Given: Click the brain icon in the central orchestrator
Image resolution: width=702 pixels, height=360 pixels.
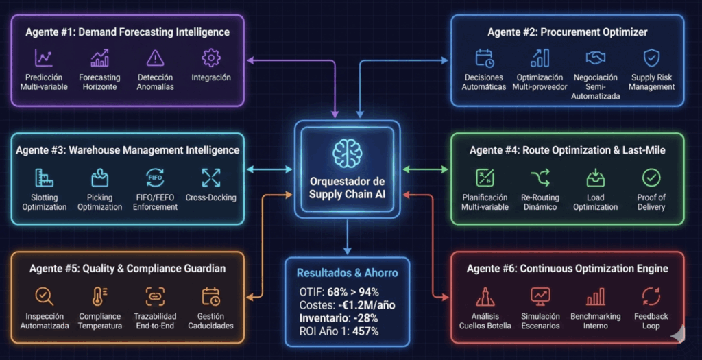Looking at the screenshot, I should click(347, 152).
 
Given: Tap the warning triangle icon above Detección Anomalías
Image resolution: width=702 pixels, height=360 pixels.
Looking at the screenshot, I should click(156, 58).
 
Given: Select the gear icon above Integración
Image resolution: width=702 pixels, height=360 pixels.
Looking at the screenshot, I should click(210, 58).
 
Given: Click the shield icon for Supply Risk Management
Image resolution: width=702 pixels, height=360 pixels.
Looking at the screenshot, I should click(651, 58).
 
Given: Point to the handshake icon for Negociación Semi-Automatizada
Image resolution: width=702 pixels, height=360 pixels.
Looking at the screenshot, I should click(595, 58).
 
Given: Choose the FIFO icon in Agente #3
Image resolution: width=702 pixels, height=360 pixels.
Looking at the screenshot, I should click(155, 178).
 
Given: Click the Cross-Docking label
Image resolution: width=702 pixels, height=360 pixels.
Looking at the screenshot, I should click(210, 197).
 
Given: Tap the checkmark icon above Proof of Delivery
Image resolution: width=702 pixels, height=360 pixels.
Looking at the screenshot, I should click(651, 178).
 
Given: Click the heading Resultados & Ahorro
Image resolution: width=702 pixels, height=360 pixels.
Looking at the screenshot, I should click(347, 273).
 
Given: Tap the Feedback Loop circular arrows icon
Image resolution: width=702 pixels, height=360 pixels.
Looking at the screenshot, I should click(651, 296).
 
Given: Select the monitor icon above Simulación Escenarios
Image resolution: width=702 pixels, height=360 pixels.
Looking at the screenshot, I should click(540, 296).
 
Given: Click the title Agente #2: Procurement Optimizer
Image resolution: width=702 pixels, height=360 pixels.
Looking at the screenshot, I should click(567, 32).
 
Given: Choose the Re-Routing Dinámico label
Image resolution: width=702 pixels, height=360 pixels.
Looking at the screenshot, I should click(540, 202).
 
